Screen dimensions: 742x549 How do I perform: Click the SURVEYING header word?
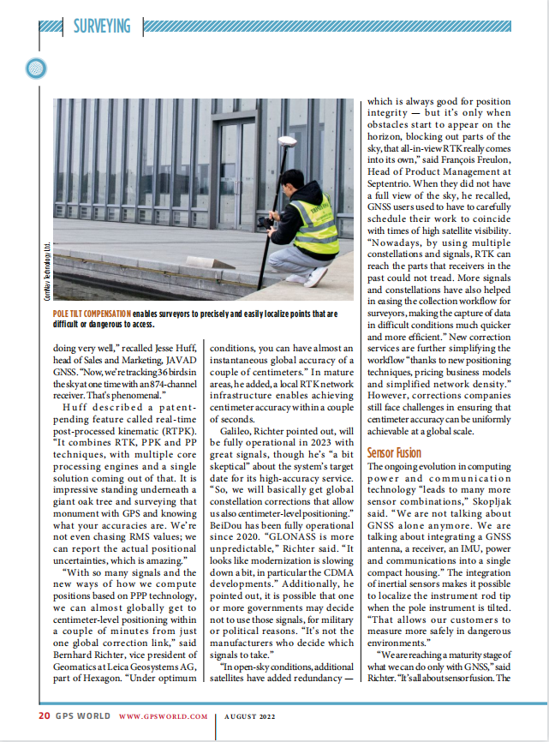101,26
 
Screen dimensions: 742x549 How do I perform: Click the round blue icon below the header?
36,66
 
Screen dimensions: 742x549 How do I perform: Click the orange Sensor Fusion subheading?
394,452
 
